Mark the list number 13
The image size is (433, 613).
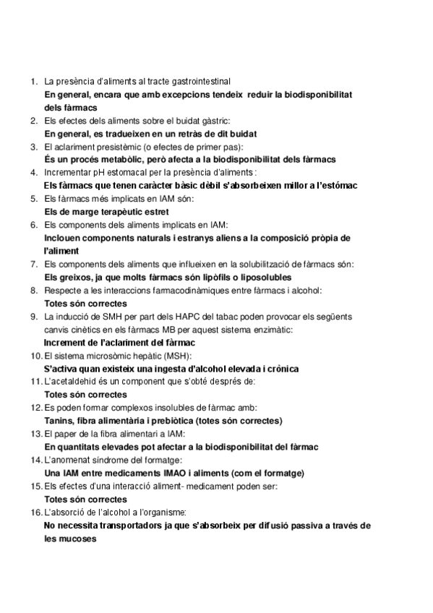35,433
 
